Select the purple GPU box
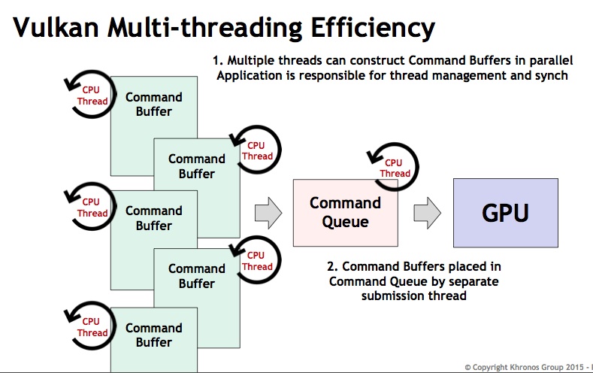505,213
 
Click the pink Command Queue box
345,213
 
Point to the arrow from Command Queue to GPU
427,213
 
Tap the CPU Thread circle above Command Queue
395,168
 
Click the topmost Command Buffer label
154,104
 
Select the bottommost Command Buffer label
154,335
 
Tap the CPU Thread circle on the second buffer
256,150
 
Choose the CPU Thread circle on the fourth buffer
256,260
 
